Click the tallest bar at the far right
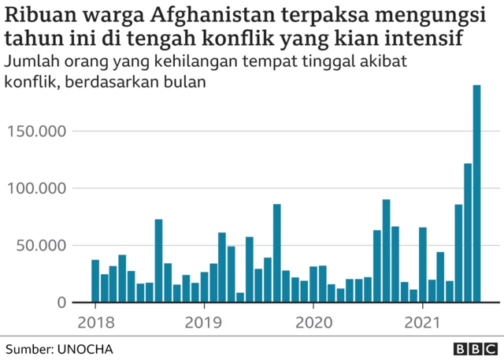click(476, 193)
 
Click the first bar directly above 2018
click(95, 281)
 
